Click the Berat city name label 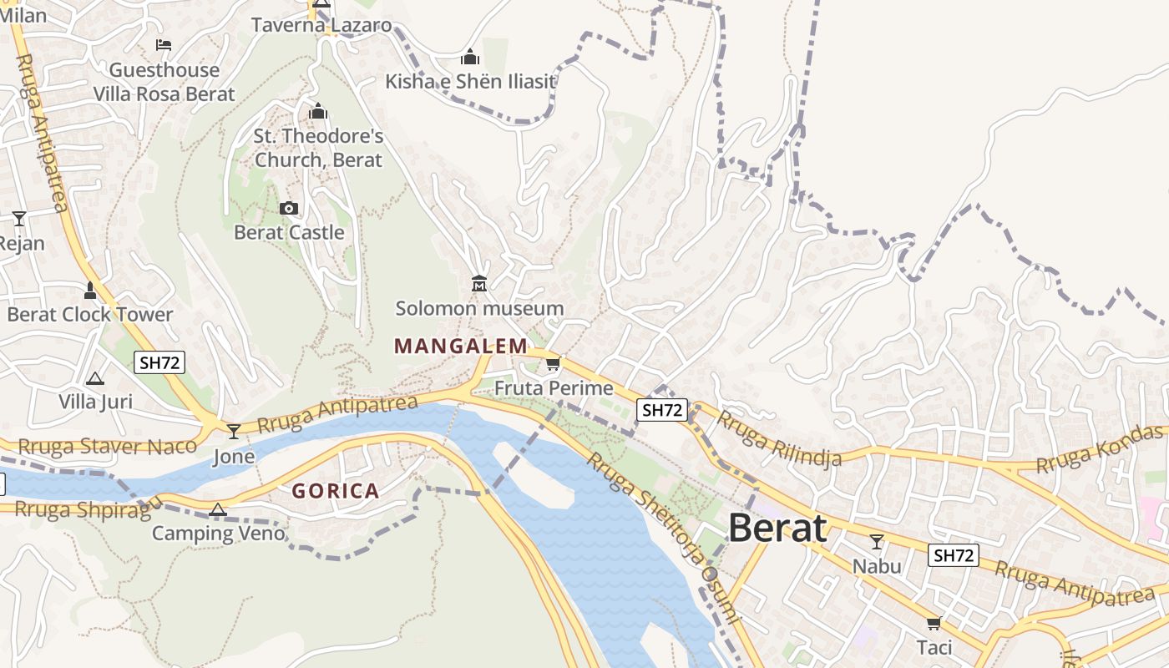pyautogui.click(x=777, y=528)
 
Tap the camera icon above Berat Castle pyautogui.click(x=289, y=208)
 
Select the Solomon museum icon pyautogui.click(x=479, y=285)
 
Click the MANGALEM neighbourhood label pyautogui.click(x=461, y=346)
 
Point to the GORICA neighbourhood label pyautogui.click(x=336, y=491)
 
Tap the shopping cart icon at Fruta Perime pyautogui.click(x=553, y=363)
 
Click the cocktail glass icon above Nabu pyautogui.click(x=877, y=542)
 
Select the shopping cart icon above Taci pyautogui.click(x=934, y=623)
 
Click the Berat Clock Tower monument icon pyautogui.click(x=90, y=291)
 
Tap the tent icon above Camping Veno pyautogui.click(x=218, y=509)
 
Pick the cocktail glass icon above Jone pyautogui.click(x=234, y=431)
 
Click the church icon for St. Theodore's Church pyautogui.click(x=318, y=110)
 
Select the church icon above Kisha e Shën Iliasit pyautogui.click(x=470, y=57)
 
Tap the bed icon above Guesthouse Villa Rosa pyautogui.click(x=164, y=44)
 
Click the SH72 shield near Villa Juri pyautogui.click(x=159, y=362)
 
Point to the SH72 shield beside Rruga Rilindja pyautogui.click(x=662, y=410)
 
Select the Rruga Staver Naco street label pyautogui.click(x=107, y=447)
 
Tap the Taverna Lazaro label pyautogui.click(x=321, y=25)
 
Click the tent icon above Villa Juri pyautogui.click(x=95, y=378)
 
